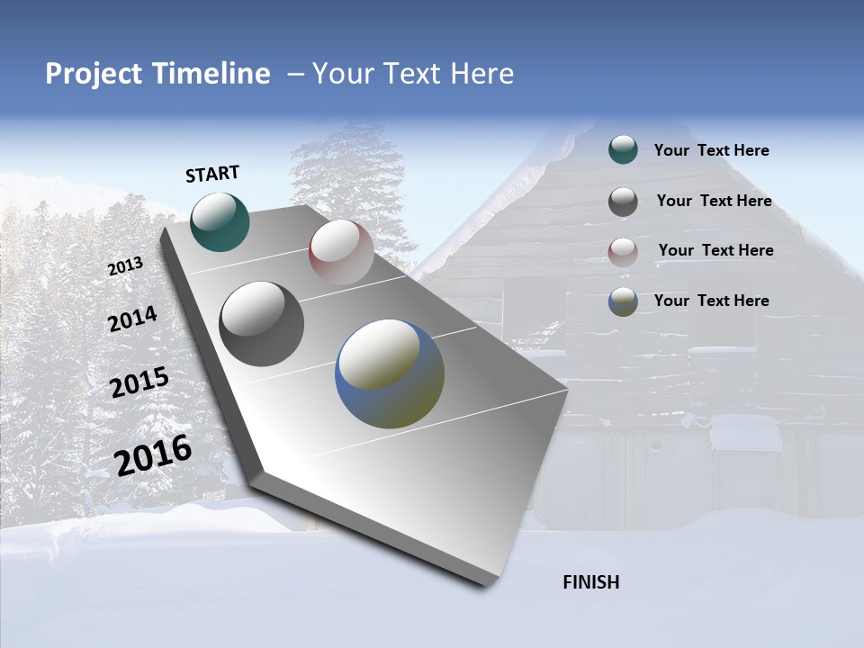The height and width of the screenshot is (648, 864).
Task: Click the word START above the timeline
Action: (212, 174)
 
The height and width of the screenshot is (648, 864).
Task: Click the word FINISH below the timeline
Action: (590, 582)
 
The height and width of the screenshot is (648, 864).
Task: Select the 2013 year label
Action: (125, 266)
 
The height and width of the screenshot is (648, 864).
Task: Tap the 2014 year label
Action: (132, 319)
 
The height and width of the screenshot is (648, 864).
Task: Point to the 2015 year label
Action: (139, 382)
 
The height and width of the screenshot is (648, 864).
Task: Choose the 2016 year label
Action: (153, 455)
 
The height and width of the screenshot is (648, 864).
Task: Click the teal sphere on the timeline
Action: (220, 221)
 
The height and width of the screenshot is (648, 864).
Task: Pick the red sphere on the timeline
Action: (341, 252)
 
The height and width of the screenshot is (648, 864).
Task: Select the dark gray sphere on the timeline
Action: (262, 324)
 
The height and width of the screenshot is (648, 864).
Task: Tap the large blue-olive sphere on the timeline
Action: (390, 373)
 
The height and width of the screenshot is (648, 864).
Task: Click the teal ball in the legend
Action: (623, 150)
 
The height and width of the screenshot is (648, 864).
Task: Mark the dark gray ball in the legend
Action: (623, 202)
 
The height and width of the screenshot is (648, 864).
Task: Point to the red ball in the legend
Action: (623, 251)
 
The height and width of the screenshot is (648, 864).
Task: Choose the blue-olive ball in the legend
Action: (623, 301)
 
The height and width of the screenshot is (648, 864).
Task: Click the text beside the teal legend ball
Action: (711, 150)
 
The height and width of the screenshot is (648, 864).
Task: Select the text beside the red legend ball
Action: (715, 250)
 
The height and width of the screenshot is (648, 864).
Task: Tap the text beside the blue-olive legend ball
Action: (711, 301)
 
